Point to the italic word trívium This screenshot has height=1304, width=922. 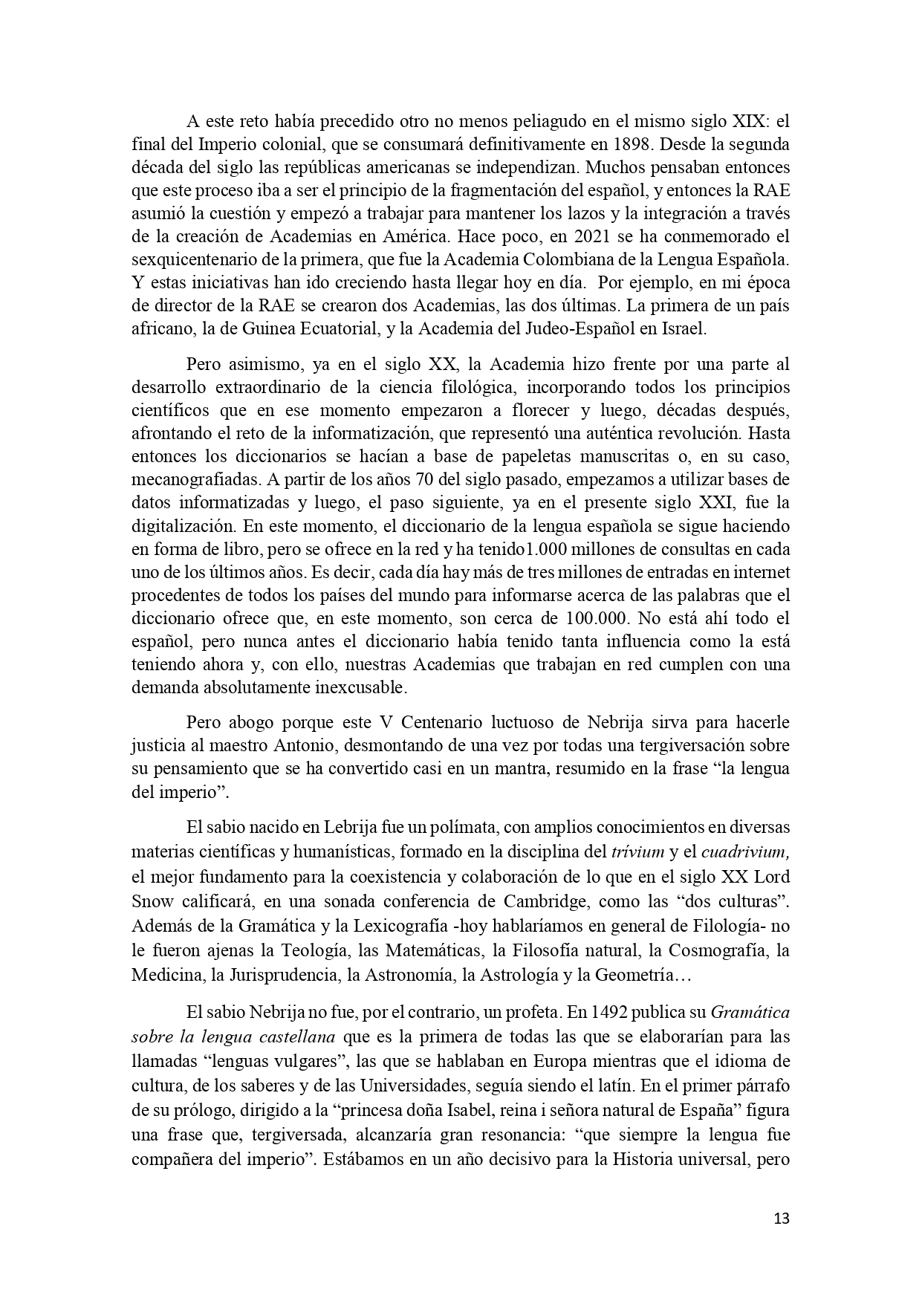pyautogui.click(x=637, y=851)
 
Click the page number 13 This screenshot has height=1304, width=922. pyautogui.click(x=781, y=1219)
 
